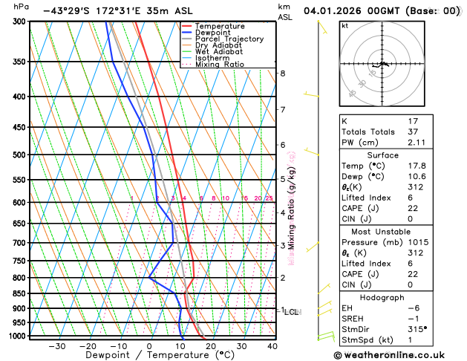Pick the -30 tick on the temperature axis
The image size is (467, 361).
(56, 346)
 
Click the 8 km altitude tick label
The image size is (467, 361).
(282, 74)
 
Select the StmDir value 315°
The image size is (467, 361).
(418, 329)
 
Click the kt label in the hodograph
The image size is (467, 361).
(344, 25)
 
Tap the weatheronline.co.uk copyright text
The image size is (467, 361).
(400, 356)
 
